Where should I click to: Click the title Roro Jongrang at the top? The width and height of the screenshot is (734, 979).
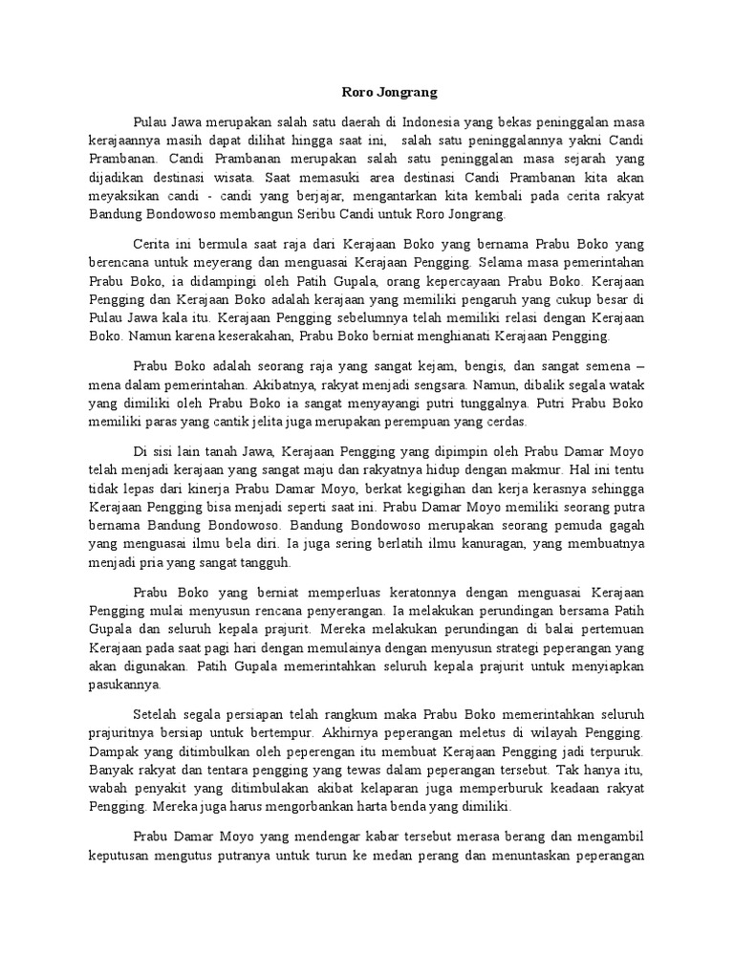pos(389,93)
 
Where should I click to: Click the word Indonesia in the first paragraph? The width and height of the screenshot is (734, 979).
pos(430,123)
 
